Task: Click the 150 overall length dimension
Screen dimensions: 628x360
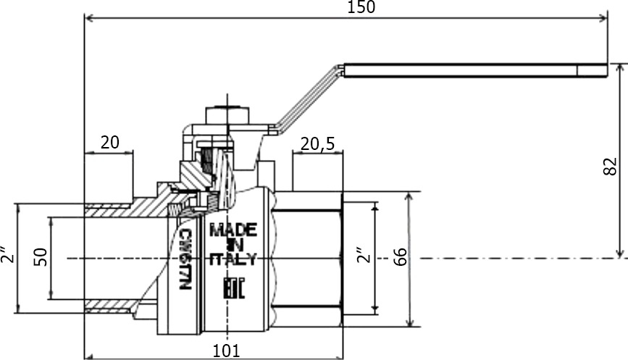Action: [x=361, y=7]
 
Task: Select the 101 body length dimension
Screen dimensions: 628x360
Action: [x=226, y=351]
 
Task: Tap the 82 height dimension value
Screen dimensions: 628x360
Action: [x=610, y=166]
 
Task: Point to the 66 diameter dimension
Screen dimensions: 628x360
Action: [x=400, y=257]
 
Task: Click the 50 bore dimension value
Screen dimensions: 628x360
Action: [x=41, y=257]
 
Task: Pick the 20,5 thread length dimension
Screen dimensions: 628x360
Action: [x=317, y=143]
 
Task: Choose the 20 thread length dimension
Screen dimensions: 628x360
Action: [x=110, y=142]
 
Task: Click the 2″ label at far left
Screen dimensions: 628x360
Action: [x=7, y=254]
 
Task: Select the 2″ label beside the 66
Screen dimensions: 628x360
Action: [x=364, y=255]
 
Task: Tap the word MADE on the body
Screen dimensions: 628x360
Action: [x=233, y=230]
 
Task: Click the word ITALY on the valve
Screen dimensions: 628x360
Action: [x=233, y=259]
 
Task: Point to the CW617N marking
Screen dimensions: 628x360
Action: [x=185, y=259]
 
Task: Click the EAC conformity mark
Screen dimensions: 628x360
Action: [x=233, y=288]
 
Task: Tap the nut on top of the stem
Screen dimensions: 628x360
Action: [x=227, y=115]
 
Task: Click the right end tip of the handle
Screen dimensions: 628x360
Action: [x=607, y=70]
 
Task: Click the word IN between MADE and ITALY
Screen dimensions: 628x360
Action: [x=234, y=244]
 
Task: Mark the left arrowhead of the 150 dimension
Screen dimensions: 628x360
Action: [x=89, y=18]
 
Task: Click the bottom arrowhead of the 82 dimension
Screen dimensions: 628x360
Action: [x=620, y=254]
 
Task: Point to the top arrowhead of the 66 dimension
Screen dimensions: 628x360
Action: [x=409, y=197]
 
